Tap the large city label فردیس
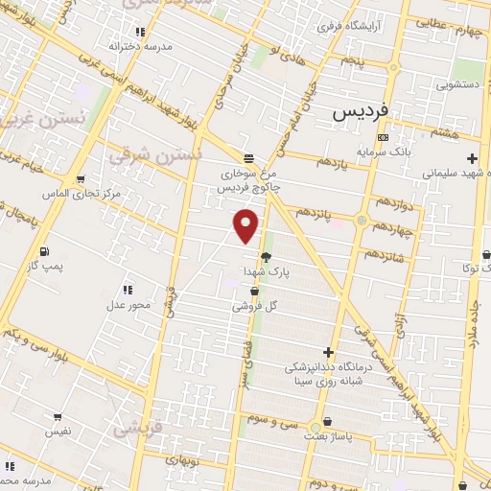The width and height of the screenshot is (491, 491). [x=360, y=111]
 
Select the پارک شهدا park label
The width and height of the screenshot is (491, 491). [x=264, y=271]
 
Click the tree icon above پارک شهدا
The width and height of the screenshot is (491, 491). [x=266, y=256]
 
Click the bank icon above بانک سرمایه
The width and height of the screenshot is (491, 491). [x=384, y=137]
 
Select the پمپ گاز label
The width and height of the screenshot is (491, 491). [x=45, y=265]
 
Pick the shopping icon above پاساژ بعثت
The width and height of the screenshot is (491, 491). [x=328, y=421]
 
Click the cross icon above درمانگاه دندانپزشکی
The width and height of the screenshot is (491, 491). [x=329, y=352]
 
